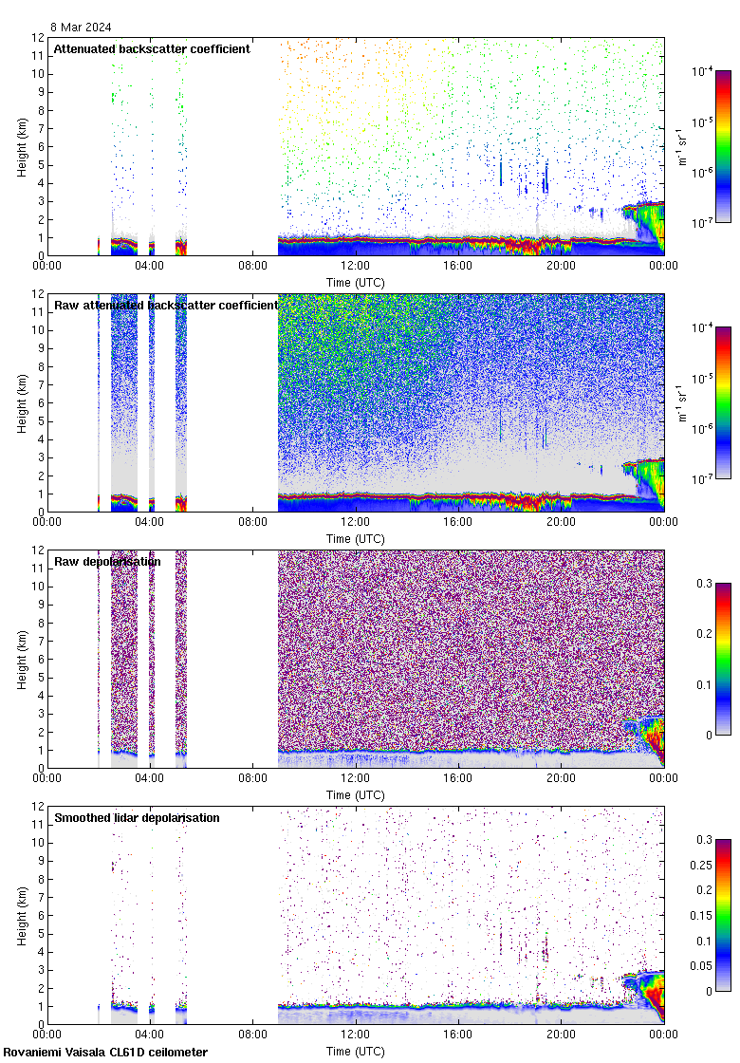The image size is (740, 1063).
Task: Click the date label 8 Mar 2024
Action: [81, 28]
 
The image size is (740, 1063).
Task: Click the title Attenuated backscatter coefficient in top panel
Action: [152, 48]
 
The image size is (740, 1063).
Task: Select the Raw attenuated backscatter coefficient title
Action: [166, 305]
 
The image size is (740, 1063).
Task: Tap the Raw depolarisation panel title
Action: [107, 561]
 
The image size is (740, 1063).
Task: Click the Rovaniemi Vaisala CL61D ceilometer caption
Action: [104, 1052]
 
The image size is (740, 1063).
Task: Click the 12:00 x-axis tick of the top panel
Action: [355, 267]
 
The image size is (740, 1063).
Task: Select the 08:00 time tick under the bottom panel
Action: [252, 1035]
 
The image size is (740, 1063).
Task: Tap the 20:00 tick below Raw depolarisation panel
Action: [561, 779]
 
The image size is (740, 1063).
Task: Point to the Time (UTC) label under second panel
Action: [355, 538]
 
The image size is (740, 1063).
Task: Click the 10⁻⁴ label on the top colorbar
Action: [705, 72]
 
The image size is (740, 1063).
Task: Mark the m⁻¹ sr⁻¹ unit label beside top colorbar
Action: [683, 146]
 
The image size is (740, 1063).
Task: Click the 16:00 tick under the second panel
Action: [458, 523]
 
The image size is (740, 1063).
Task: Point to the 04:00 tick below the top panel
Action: [150, 267]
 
